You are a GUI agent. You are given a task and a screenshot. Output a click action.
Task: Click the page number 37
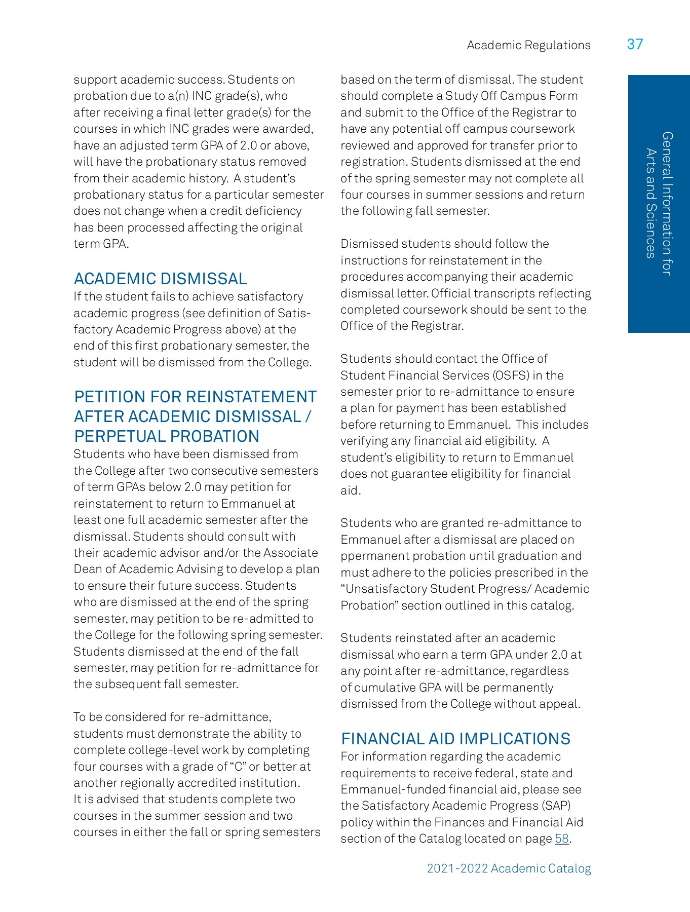coord(635,44)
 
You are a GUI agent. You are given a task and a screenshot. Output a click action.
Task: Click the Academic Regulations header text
coord(528,45)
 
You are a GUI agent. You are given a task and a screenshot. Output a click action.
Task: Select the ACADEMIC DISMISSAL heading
coord(161,279)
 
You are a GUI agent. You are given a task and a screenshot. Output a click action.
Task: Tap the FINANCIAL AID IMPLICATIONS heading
coord(455,739)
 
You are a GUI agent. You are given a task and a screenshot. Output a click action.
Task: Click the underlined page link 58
coord(562,839)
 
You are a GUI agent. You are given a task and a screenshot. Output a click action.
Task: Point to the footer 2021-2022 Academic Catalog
coord(509,868)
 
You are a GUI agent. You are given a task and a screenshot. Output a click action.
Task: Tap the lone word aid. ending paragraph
coord(351,490)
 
